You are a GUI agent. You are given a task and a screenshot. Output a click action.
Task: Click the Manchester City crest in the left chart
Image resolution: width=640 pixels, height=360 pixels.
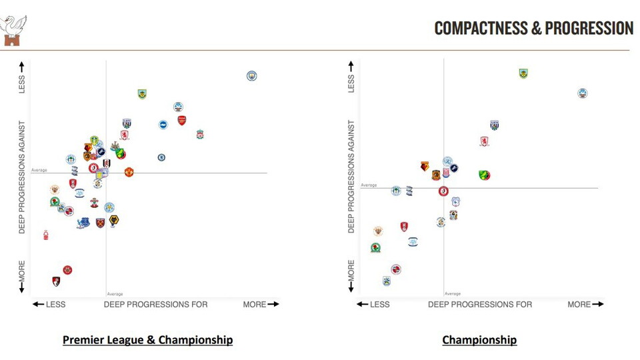coord(251,76)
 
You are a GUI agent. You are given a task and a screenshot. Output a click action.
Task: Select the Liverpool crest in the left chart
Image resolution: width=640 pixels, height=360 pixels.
coord(200,135)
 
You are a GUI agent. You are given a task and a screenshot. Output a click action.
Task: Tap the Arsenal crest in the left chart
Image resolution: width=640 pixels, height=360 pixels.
coord(182,121)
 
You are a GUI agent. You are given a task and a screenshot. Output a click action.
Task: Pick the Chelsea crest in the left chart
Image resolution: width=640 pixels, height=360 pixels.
coord(161,158)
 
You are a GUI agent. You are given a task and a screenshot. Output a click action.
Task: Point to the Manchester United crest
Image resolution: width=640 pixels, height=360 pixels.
coord(129,172)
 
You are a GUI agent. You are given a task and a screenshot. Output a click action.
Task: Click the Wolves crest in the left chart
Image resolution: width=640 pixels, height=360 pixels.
coord(114,220)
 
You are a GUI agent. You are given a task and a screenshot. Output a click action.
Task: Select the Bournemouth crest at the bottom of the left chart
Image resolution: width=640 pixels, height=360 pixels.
coord(57,281)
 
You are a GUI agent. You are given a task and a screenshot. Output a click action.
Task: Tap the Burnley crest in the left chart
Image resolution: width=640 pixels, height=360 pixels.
coord(142,94)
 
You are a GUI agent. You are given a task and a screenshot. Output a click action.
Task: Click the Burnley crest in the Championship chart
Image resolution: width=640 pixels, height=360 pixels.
coord(523,73)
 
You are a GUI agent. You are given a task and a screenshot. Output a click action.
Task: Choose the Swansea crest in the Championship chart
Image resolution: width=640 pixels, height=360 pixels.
coord(583,93)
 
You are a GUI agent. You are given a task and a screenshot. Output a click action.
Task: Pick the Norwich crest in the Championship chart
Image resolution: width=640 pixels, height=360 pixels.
coord(485,175)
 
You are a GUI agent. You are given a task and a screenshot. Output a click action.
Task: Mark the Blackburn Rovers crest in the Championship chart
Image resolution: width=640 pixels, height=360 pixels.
coord(375,248)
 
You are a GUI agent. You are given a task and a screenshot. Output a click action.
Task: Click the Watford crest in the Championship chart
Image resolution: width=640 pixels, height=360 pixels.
coord(425,166)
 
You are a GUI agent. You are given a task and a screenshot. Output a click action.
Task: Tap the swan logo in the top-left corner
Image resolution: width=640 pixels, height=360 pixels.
coord(14,30)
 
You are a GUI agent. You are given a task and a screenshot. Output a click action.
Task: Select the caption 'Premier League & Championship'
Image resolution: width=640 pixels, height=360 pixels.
coord(147,340)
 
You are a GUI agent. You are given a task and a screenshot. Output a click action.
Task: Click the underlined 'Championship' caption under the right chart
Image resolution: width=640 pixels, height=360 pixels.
coord(479,340)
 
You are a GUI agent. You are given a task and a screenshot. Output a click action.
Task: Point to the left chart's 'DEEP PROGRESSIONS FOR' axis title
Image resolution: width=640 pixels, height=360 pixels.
coord(155,305)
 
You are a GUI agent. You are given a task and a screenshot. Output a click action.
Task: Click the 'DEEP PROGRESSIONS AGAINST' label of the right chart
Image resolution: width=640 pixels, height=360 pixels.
coord(351,177)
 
